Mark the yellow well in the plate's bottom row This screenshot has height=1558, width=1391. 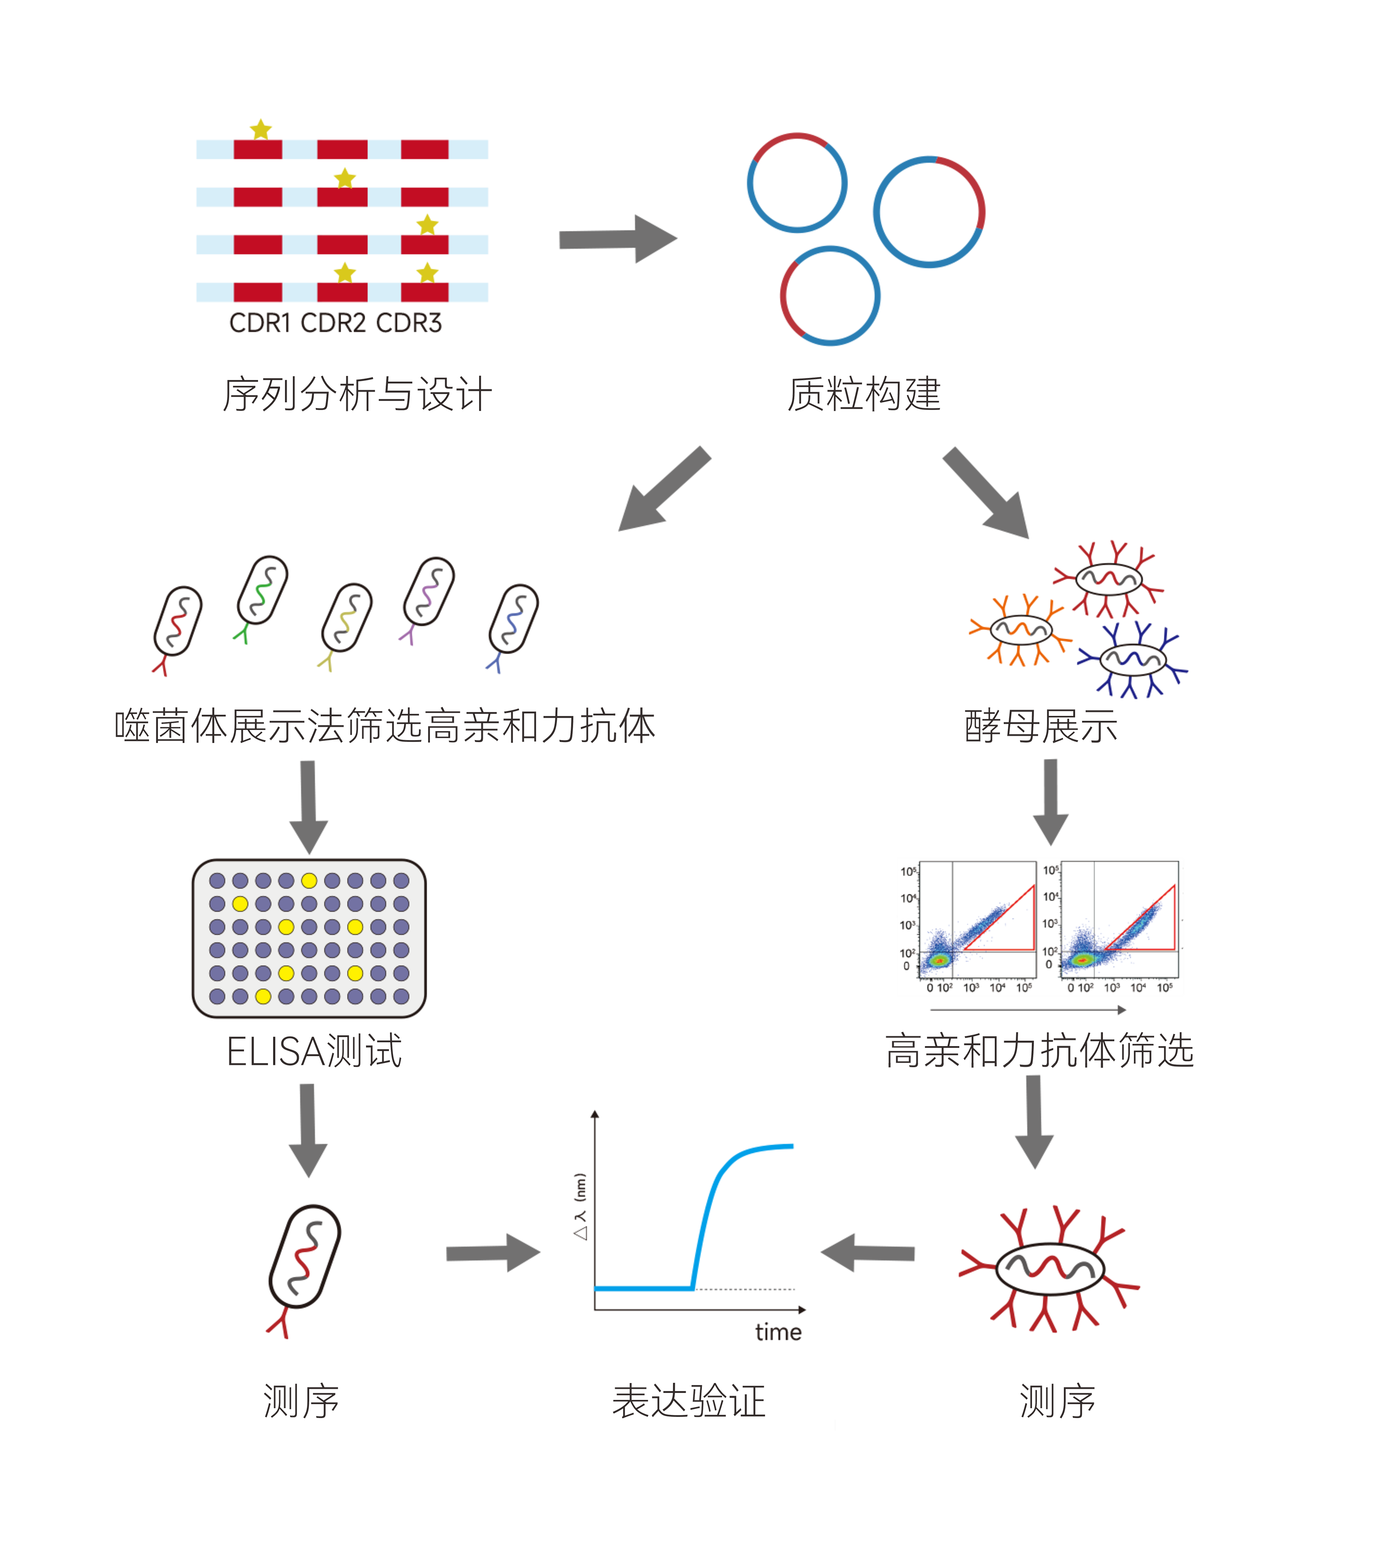coord(263,996)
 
